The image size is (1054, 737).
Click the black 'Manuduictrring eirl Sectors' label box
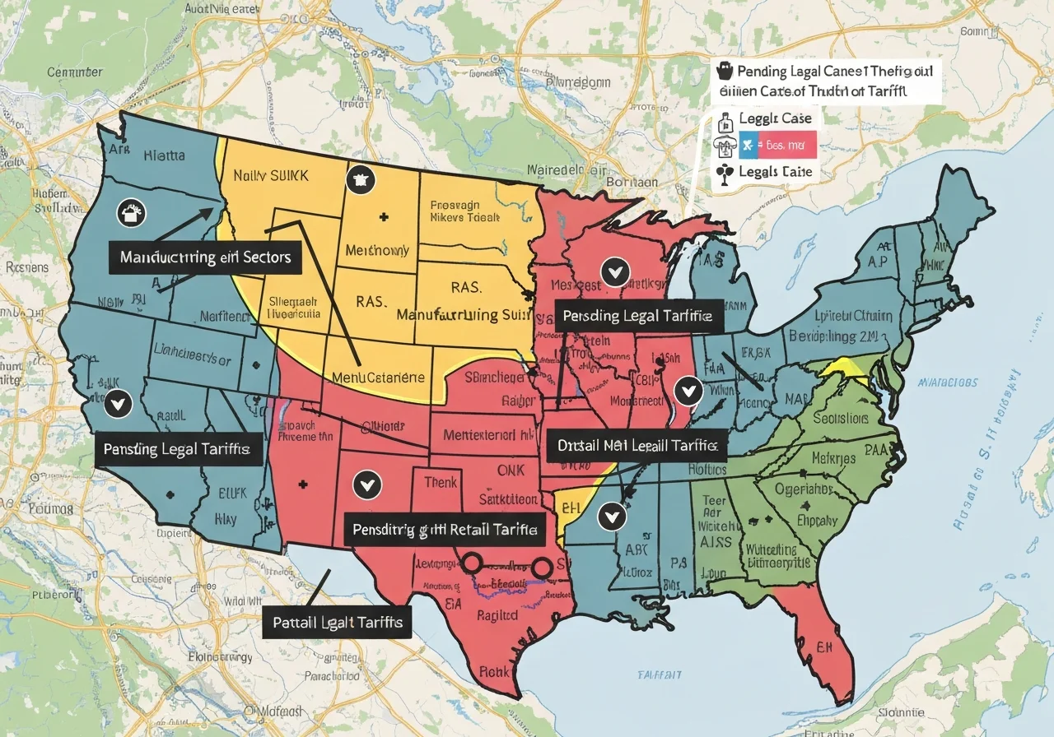click(x=205, y=257)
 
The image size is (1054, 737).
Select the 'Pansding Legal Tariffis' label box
click(x=177, y=450)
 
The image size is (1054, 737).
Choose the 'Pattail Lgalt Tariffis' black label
click(x=338, y=623)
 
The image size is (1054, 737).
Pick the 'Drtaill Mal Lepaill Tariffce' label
click(x=637, y=447)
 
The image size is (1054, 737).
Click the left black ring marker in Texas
click(x=472, y=563)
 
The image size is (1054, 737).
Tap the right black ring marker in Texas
click(x=541, y=568)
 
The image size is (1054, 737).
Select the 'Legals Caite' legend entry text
click(x=776, y=172)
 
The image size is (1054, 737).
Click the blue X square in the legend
click(x=747, y=146)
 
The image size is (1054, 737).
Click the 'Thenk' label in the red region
click(x=441, y=483)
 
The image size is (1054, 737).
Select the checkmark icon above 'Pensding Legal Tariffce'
click(x=613, y=270)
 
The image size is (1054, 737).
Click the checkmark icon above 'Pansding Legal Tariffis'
click(x=119, y=403)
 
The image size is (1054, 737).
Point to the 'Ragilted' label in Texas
click(x=496, y=617)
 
